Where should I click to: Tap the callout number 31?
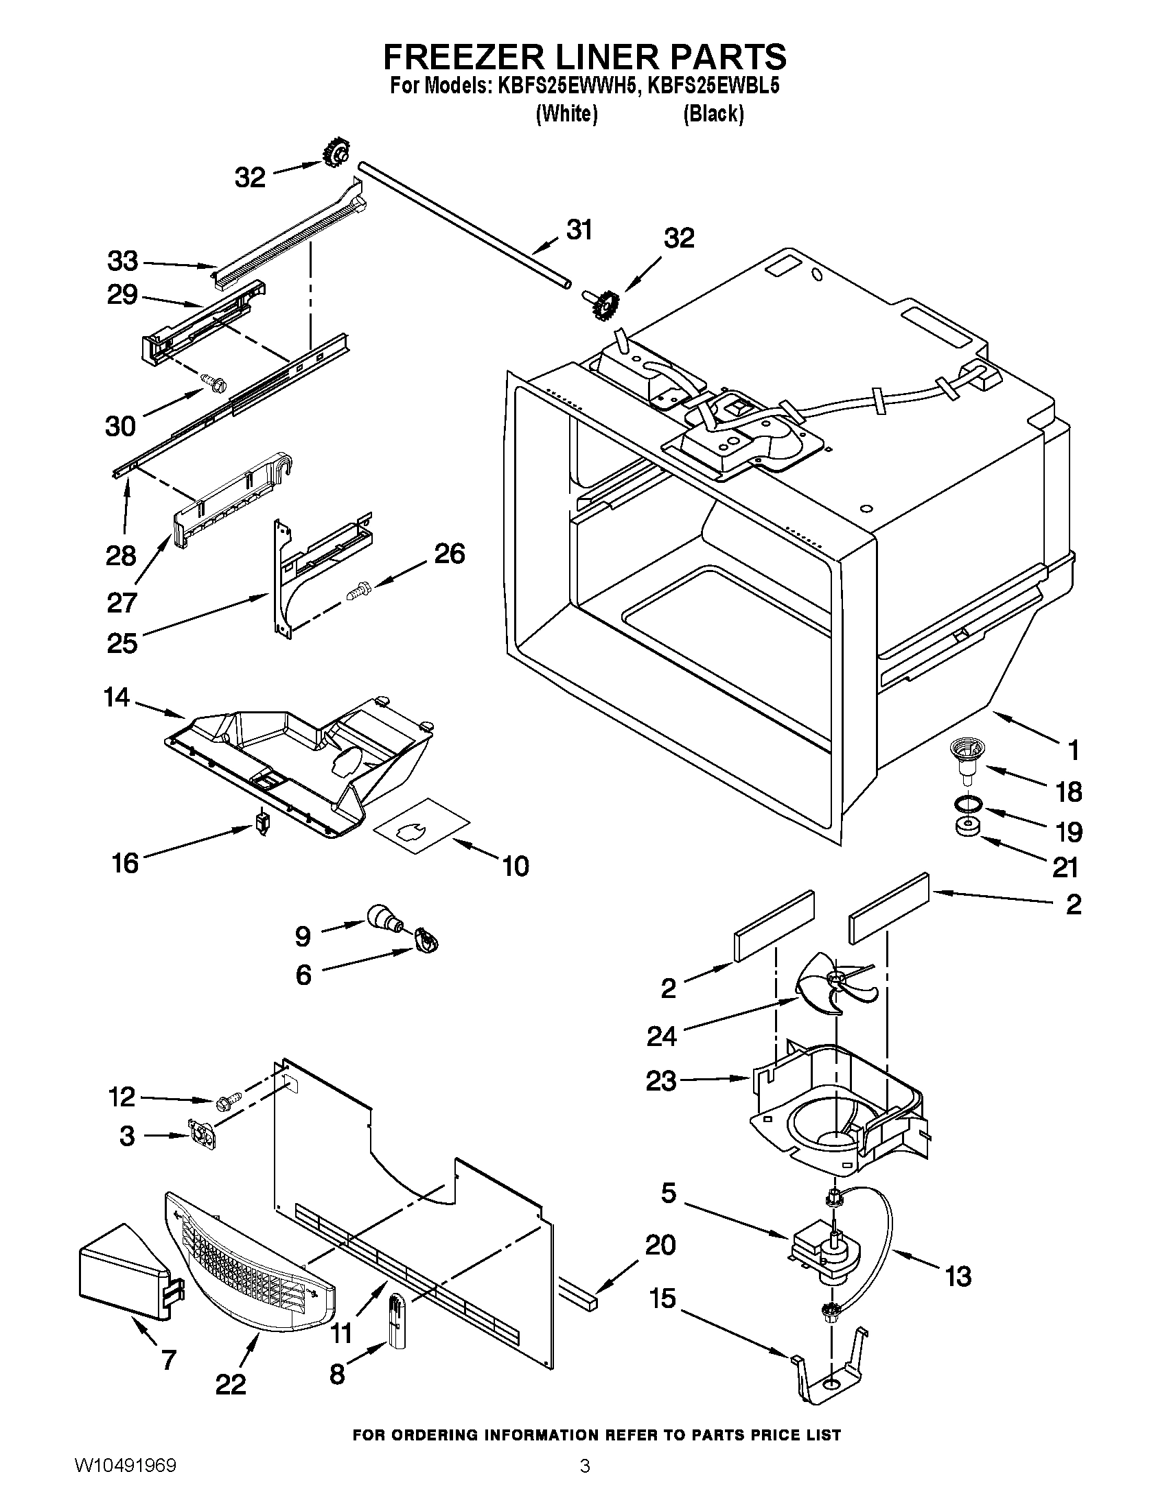coord(579,230)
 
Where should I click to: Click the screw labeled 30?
coord(208,381)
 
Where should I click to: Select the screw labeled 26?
coord(358,589)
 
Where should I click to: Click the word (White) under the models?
coord(566,114)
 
